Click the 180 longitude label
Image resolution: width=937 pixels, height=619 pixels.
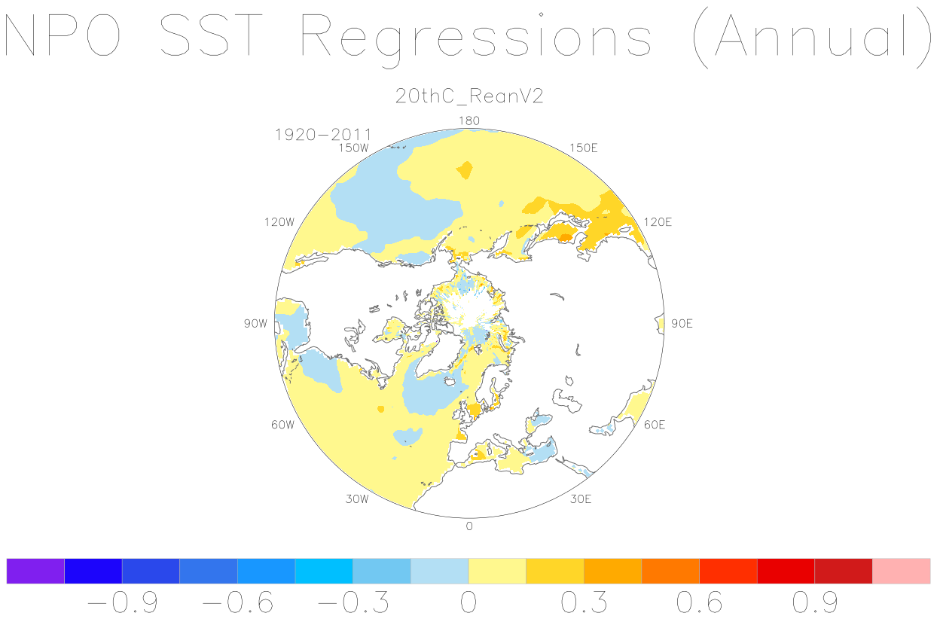coord(469,121)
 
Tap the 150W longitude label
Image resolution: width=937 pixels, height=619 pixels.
coord(353,148)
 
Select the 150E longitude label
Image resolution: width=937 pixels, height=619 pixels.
coord(584,148)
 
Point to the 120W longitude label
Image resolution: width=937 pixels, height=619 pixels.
coord(279,222)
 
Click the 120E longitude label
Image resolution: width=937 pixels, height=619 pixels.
coord(658,222)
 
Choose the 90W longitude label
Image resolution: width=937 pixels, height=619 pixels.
coord(255,324)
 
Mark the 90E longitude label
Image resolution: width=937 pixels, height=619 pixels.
coord(682,324)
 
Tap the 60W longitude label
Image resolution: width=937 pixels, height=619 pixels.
coord(282,425)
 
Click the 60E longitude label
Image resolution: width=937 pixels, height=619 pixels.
coord(655,425)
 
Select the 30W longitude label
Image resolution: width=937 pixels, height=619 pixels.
coord(357,499)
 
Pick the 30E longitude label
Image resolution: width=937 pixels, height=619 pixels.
coord(581,499)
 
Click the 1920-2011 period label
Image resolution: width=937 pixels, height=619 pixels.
coord(323,135)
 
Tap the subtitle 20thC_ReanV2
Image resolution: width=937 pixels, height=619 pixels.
coord(469,96)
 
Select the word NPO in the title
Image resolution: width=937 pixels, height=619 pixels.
coord(63,35)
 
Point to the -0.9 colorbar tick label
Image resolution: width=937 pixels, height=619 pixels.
coord(123,602)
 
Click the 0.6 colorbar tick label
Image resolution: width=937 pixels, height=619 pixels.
coord(700,602)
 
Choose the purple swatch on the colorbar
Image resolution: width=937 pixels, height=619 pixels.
coord(35,571)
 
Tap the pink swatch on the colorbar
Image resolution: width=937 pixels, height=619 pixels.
coord(902,571)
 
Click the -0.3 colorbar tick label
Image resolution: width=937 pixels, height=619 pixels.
coord(353,602)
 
